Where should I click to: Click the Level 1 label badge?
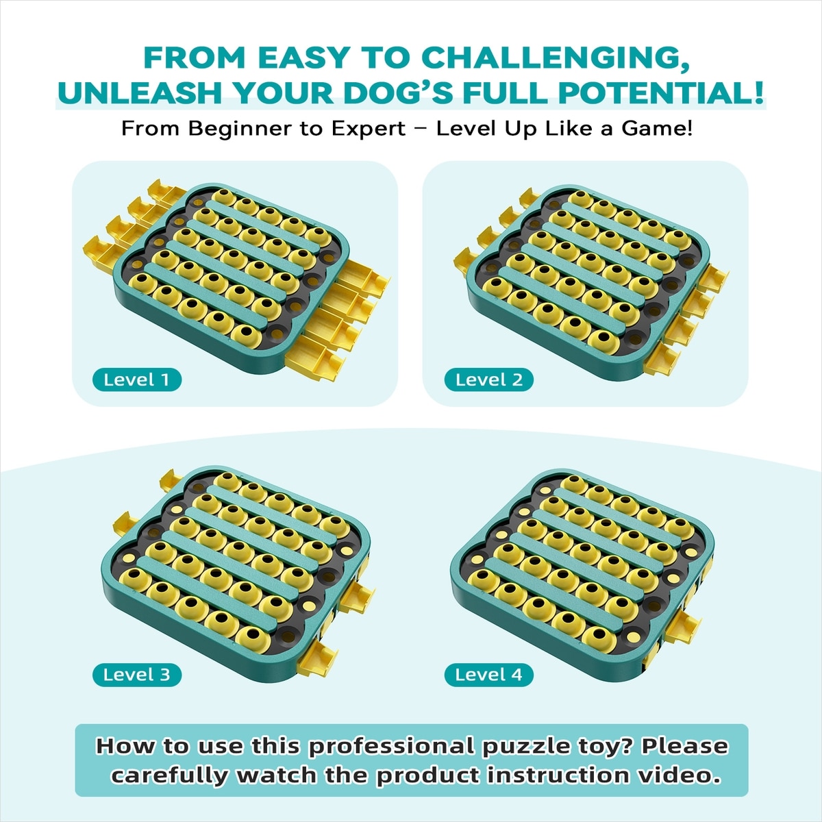click(x=137, y=379)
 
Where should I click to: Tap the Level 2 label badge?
click(x=489, y=379)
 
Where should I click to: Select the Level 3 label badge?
click(x=137, y=675)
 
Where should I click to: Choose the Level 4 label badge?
click(x=489, y=675)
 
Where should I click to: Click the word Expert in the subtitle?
click(x=369, y=128)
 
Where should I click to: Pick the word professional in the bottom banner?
click(x=391, y=746)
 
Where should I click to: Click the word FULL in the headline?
click(x=504, y=93)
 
